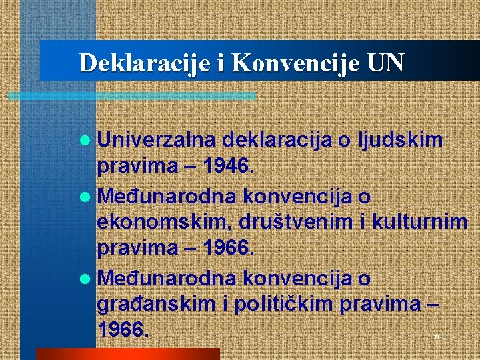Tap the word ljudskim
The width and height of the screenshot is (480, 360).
[401, 140]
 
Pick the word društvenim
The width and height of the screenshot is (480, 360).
[283, 222]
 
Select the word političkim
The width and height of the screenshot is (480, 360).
[281, 304]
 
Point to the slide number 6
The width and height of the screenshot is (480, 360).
[437, 337]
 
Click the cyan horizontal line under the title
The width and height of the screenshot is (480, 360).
[133, 96]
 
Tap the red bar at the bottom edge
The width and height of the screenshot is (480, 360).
[127, 353]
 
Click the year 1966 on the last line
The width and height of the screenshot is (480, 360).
[121, 329]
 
